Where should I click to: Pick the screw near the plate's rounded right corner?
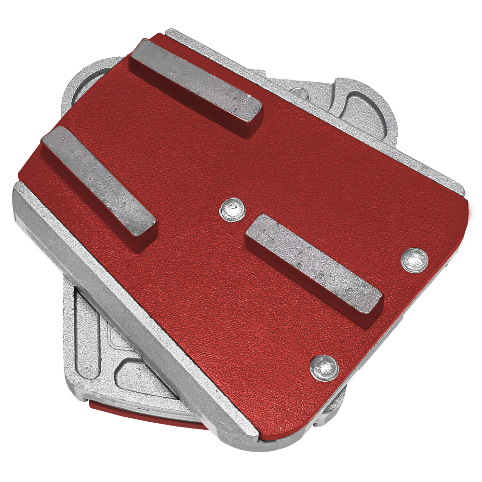click(x=415, y=261)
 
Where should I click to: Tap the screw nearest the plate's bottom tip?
click(x=324, y=369)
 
